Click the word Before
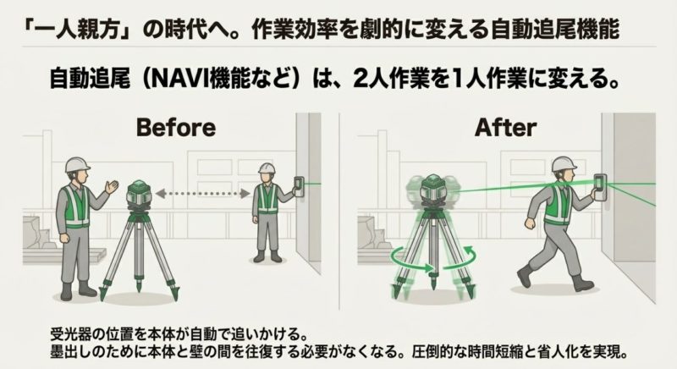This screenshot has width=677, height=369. [176, 127]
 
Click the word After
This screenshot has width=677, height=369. [505, 127]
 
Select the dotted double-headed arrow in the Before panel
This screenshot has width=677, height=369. [203, 194]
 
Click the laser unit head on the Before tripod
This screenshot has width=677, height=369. [139, 193]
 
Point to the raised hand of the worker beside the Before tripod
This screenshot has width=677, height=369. [112, 187]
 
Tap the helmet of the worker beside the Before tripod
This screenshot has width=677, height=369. [77, 164]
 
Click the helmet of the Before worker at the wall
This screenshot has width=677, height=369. [267, 168]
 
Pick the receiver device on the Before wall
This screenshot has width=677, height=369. [299, 186]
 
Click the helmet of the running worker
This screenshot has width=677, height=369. [564, 163]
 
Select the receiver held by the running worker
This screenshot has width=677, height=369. [600, 187]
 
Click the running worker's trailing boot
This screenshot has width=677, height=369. [524, 276]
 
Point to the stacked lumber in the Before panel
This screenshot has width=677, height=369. [65, 255]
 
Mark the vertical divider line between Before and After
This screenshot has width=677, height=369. [339, 212]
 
